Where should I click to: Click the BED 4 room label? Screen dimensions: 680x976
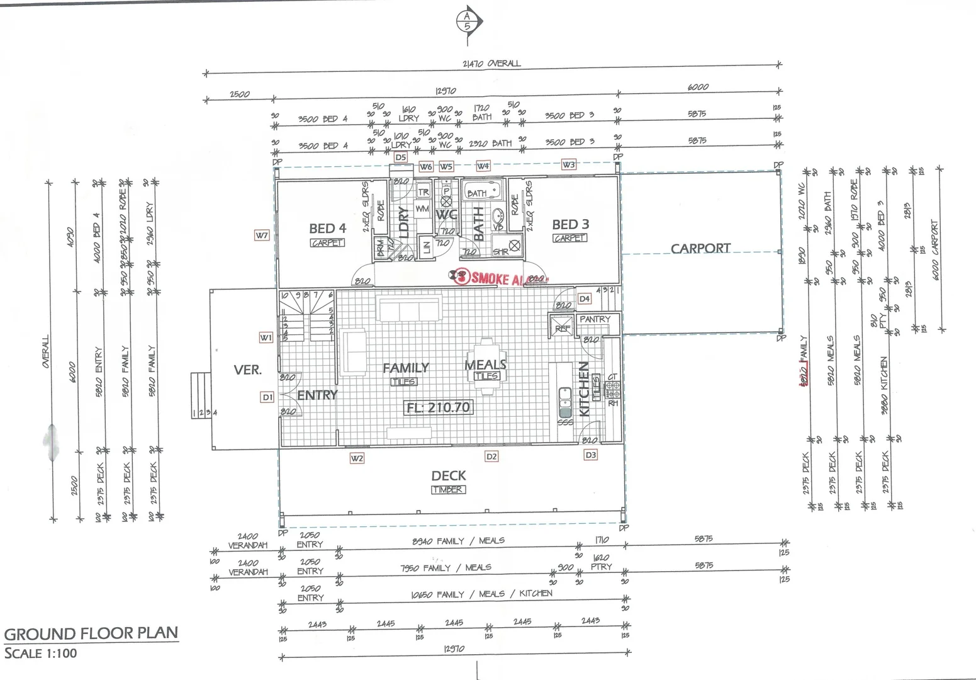click(x=327, y=229)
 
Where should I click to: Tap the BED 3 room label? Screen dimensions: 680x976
click(x=570, y=224)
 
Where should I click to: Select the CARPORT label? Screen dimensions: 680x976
click(x=700, y=249)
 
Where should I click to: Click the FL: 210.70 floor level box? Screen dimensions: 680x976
click(x=438, y=407)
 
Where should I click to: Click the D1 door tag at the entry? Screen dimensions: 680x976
click(x=267, y=397)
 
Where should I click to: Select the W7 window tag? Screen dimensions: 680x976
click(x=262, y=235)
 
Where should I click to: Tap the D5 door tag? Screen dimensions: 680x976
click(x=400, y=157)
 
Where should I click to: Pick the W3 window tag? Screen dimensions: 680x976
click(x=568, y=165)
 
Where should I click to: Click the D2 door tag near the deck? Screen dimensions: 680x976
click(x=491, y=456)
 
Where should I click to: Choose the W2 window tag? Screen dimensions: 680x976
click(x=357, y=458)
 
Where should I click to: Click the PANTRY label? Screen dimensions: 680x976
click(x=595, y=319)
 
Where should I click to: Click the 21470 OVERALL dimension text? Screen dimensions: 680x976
click(x=491, y=64)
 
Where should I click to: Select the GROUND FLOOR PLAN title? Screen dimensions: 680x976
click(x=91, y=633)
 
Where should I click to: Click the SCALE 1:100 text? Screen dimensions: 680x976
click(x=41, y=654)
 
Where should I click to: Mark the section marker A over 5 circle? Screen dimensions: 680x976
click(x=467, y=21)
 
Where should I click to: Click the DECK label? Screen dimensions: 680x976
click(x=449, y=476)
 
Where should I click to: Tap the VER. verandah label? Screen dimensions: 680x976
click(x=247, y=370)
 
